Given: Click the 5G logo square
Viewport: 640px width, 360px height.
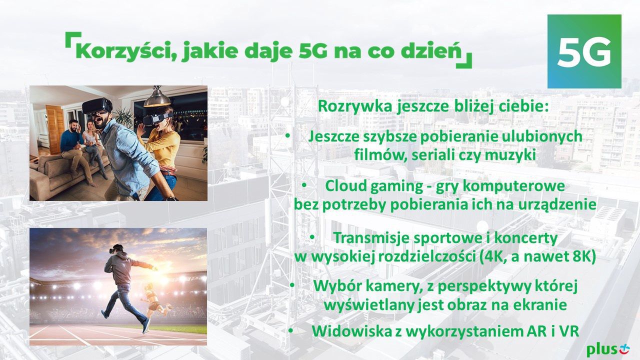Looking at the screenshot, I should coord(584,51).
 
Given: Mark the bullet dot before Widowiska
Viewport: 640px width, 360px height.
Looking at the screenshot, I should coord(290,330).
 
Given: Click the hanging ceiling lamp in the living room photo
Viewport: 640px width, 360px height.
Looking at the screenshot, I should coord(158,97).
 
